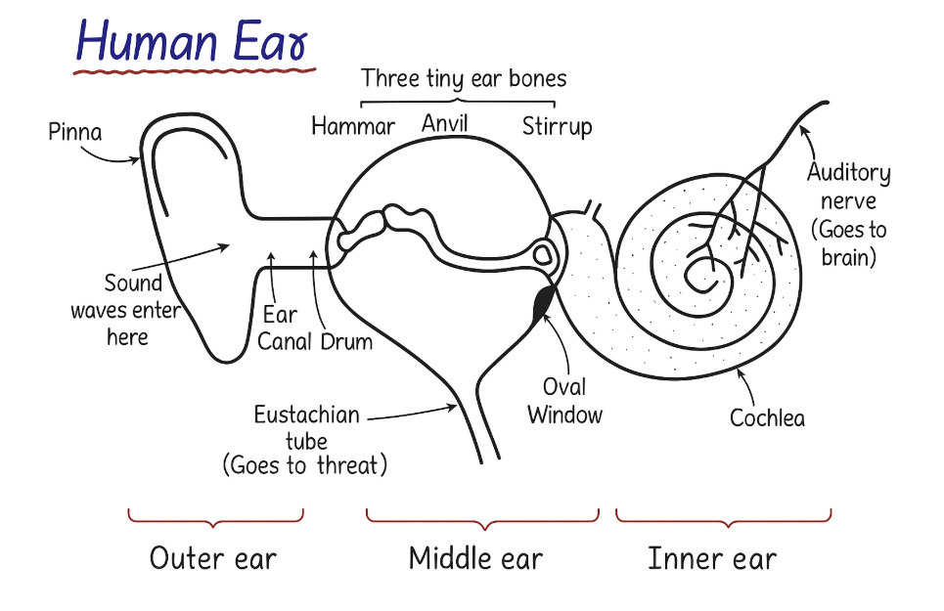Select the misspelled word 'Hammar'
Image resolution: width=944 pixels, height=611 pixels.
(353, 126)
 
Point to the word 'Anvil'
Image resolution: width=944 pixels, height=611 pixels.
(445, 123)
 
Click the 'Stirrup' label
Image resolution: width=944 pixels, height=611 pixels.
(557, 126)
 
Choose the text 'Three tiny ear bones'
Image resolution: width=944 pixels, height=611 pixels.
(464, 77)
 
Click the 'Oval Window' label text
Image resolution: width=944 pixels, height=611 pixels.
(565, 400)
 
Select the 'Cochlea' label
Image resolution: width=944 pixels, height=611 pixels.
(768, 417)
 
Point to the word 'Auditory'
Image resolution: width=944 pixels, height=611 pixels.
(848, 174)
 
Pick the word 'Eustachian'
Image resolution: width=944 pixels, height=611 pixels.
(306, 415)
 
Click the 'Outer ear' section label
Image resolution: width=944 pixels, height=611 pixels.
(213, 558)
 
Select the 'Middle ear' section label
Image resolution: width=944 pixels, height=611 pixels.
(475, 558)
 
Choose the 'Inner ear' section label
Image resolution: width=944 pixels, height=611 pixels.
(712, 558)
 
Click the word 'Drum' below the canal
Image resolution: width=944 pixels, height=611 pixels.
(346, 342)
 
